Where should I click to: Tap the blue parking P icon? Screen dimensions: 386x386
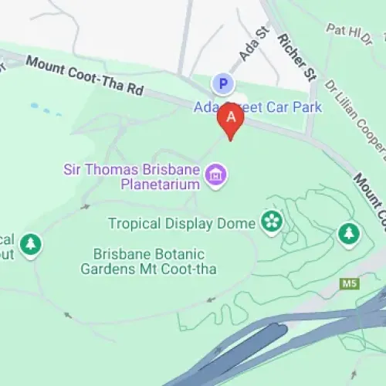[222, 83]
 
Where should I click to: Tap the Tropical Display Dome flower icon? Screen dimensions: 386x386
[271, 201]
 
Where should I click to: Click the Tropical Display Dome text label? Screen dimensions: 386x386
[181, 202]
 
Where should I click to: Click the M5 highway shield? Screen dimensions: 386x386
[350, 284]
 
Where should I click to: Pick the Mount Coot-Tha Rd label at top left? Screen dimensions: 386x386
[85, 75]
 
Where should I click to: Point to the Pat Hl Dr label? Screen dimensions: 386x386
[349, 32]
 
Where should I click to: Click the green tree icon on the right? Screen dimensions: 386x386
[349, 232]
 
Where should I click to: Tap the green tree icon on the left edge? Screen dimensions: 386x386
[30, 245]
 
